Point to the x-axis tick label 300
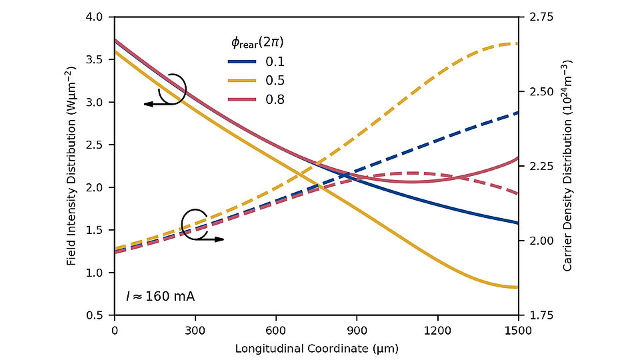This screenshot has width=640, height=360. point(195,330)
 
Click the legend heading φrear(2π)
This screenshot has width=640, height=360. point(257,43)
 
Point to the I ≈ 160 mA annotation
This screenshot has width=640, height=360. point(160,295)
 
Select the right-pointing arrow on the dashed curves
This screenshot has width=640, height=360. point(213,239)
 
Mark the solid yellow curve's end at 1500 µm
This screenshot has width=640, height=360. point(517,287)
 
